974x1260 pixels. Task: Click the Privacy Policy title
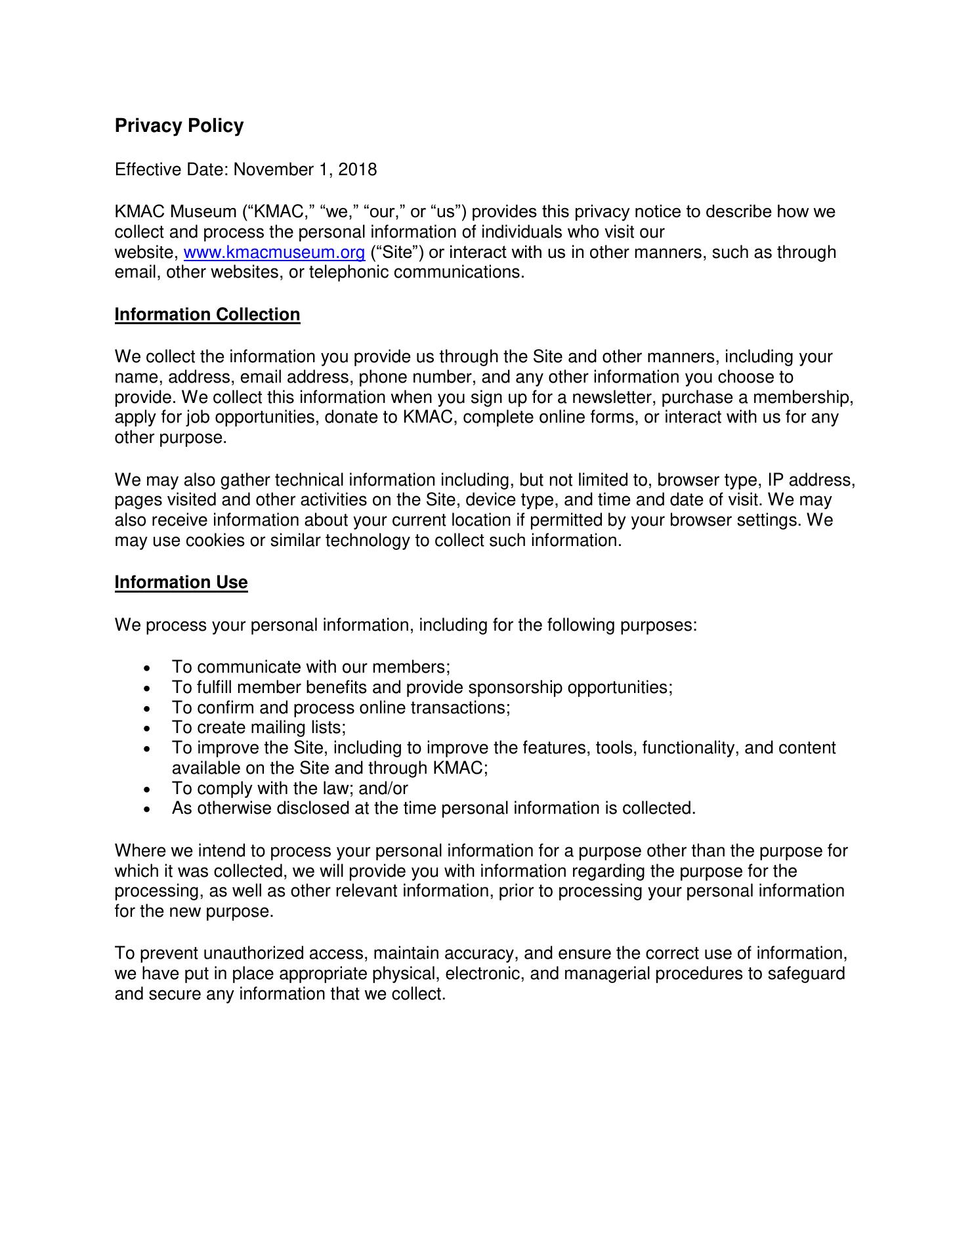tap(179, 125)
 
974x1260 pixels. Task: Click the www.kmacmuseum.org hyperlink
tap(274, 253)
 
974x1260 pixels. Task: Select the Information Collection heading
tap(207, 315)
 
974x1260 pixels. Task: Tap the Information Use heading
tap(181, 583)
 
